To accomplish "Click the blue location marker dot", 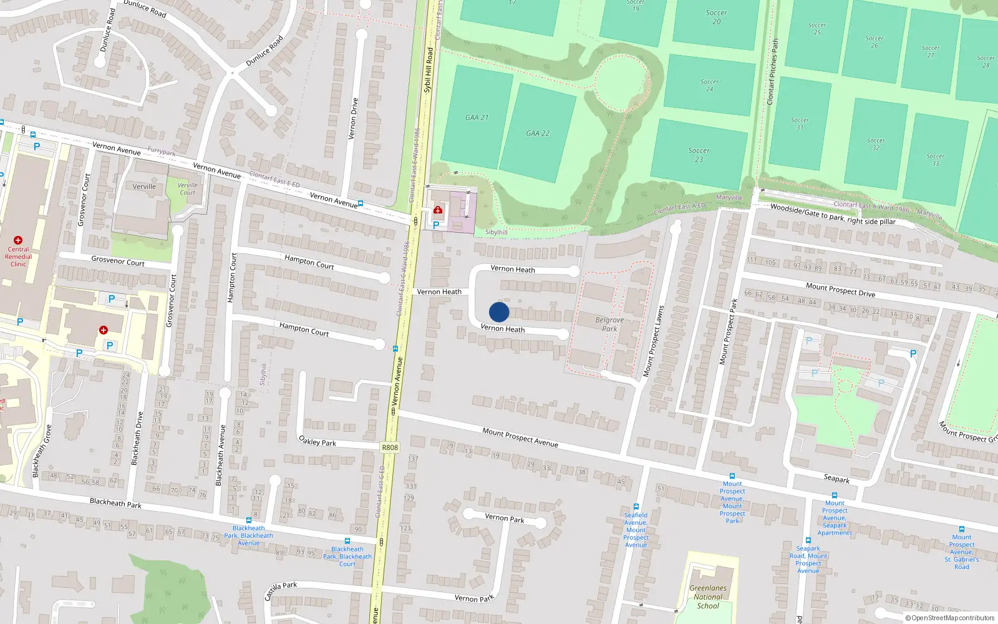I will coord(499,312).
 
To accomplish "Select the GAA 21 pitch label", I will coord(477,117).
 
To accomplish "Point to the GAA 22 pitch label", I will coord(538,133).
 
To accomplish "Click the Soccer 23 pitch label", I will coord(699,155).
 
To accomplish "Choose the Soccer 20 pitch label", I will coord(716,17).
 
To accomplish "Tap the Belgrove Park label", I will coord(609,324).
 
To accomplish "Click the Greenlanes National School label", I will coord(708,597).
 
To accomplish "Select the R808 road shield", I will coord(390,447).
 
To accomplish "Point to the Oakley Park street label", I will coord(317,441).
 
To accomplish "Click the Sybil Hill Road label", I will coord(429,70).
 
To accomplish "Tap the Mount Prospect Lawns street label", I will coord(653,341).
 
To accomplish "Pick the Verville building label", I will coord(144,187).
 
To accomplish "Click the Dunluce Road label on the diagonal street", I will coord(264,51).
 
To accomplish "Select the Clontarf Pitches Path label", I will coord(773,72).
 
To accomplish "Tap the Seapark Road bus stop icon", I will coord(808,540).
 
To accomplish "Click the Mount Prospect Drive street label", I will coord(840,290).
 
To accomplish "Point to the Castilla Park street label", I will coord(281,589).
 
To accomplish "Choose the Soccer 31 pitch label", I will coord(800,124).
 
